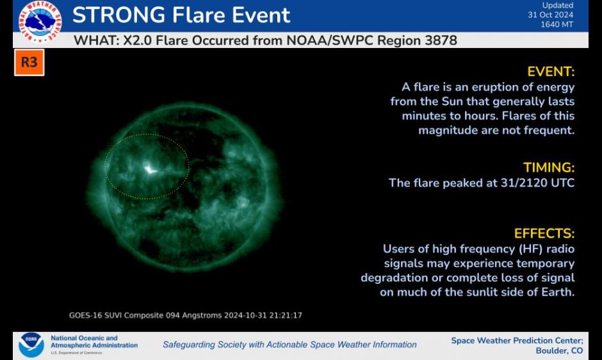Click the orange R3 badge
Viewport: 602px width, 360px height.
pos(29,62)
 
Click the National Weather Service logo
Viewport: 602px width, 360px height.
pos(40,21)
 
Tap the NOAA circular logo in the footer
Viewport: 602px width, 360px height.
pos(31,345)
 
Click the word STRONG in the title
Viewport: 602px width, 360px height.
pos(119,15)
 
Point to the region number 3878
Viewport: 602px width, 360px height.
pos(441,40)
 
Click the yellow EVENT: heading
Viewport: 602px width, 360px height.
pos(551,72)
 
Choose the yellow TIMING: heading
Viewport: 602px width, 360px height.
pos(549,168)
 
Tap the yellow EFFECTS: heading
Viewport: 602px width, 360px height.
pos(544,233)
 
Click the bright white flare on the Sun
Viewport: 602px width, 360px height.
pos(150,168)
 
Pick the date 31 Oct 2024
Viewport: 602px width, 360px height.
pos(550,15)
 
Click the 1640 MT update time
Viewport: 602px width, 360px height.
pos(557,24)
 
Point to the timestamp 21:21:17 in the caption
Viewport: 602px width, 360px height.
pos(286,315)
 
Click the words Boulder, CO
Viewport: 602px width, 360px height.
pos(559,350)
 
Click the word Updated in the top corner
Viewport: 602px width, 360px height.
pos(558,5)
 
